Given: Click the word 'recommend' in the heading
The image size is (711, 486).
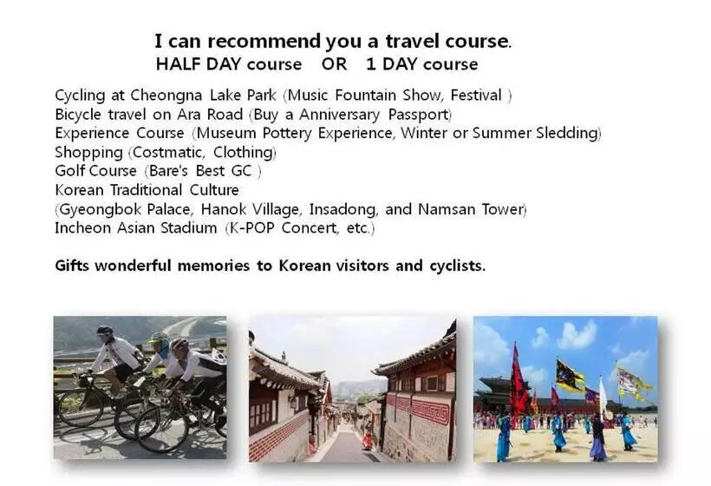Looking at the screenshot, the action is tap(264, 42).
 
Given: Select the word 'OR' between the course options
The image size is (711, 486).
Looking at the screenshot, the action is tap(334, 64).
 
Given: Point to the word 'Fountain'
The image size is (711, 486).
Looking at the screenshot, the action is tap(366, 95).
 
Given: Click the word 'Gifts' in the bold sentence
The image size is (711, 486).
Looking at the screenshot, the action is tap(72, 266).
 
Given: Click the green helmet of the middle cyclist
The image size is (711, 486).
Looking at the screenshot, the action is tap(159, 338).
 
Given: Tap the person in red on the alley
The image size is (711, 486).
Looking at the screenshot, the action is tap(367, 438).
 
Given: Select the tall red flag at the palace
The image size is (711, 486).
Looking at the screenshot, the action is tap(519, 385).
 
